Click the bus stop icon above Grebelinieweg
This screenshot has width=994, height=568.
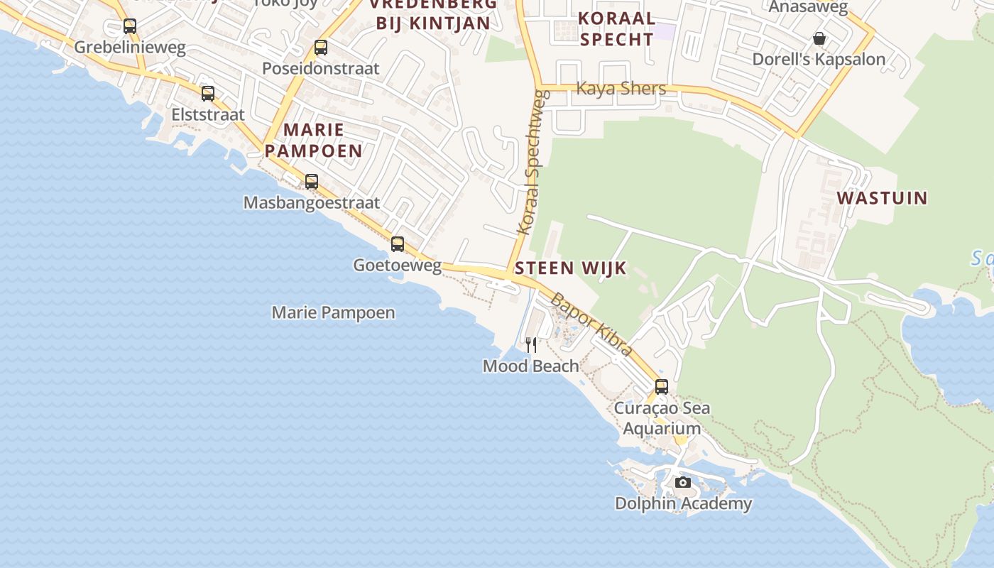(x=130, y=26)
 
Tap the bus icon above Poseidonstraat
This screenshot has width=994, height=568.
(x=321, y=48)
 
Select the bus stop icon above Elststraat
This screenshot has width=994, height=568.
(x=208, y=94)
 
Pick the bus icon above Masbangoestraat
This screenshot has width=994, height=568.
(x=312, y=182)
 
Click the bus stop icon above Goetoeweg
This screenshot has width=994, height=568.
(x=398, y=244)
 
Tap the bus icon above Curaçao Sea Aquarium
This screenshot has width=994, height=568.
(x=662, y=387)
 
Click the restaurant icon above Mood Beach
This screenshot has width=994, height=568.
(x=531, y=345)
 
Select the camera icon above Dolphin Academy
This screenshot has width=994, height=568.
(x=683, y=483)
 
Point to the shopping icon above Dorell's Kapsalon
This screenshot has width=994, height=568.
(x=819, y=38)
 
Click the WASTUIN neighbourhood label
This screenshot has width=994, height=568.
(x=883, y=197)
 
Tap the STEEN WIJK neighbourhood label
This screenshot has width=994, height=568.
(x=571, y=268)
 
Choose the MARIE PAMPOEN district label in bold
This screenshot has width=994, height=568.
(x=314, y=140)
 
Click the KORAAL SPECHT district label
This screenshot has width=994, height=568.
(x=616, y=28)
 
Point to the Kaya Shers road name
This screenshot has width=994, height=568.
(x=621, y=88)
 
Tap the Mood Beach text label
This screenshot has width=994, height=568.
(x=531, y=366)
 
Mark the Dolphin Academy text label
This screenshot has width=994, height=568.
(x=683, y=503)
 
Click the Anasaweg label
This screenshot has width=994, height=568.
(x=809, y=7)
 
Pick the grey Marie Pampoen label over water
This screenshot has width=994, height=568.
(x=334, y=312)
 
